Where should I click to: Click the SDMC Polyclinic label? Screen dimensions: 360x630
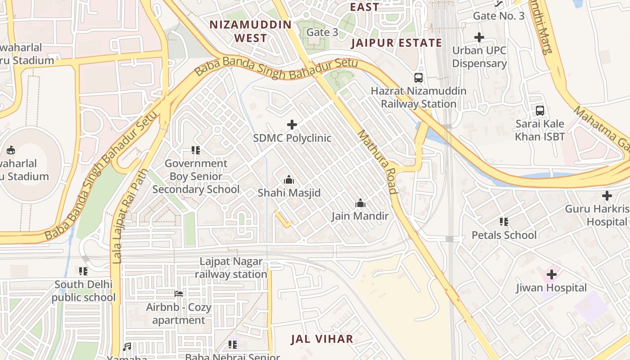pos(292,138)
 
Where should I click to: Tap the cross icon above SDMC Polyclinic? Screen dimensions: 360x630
pos(292,125)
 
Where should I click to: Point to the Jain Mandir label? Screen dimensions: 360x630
pos(360,216)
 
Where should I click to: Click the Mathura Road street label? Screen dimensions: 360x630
pos(377,162)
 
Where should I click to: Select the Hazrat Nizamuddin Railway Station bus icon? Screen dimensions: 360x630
pos(418,77)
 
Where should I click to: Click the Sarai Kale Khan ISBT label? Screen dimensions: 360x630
pos(540,130)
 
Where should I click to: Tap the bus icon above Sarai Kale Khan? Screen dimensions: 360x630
pos(540,110)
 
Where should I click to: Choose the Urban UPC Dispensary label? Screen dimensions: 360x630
pos(479,57)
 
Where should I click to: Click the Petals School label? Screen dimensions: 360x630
pos(504,235)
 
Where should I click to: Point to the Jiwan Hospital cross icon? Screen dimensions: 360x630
pos(551,274)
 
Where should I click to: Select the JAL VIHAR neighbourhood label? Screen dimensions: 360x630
pos(322,339)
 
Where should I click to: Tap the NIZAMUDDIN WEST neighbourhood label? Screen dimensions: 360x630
pos(251,31)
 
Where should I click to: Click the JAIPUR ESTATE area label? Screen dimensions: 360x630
pos(396,43)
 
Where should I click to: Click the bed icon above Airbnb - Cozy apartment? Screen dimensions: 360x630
pos(179,294)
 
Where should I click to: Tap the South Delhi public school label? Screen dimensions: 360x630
pos(83,291)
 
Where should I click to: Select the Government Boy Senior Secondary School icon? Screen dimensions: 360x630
pos(195,150)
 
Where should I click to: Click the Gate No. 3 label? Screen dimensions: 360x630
pos(499,16)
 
